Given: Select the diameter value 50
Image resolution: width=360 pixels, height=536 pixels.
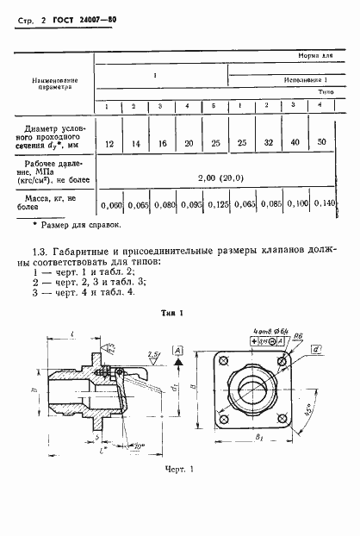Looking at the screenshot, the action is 321,140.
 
